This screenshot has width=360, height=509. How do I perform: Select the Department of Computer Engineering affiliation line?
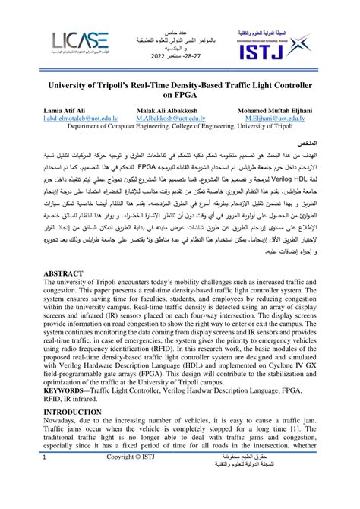[180, 127]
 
